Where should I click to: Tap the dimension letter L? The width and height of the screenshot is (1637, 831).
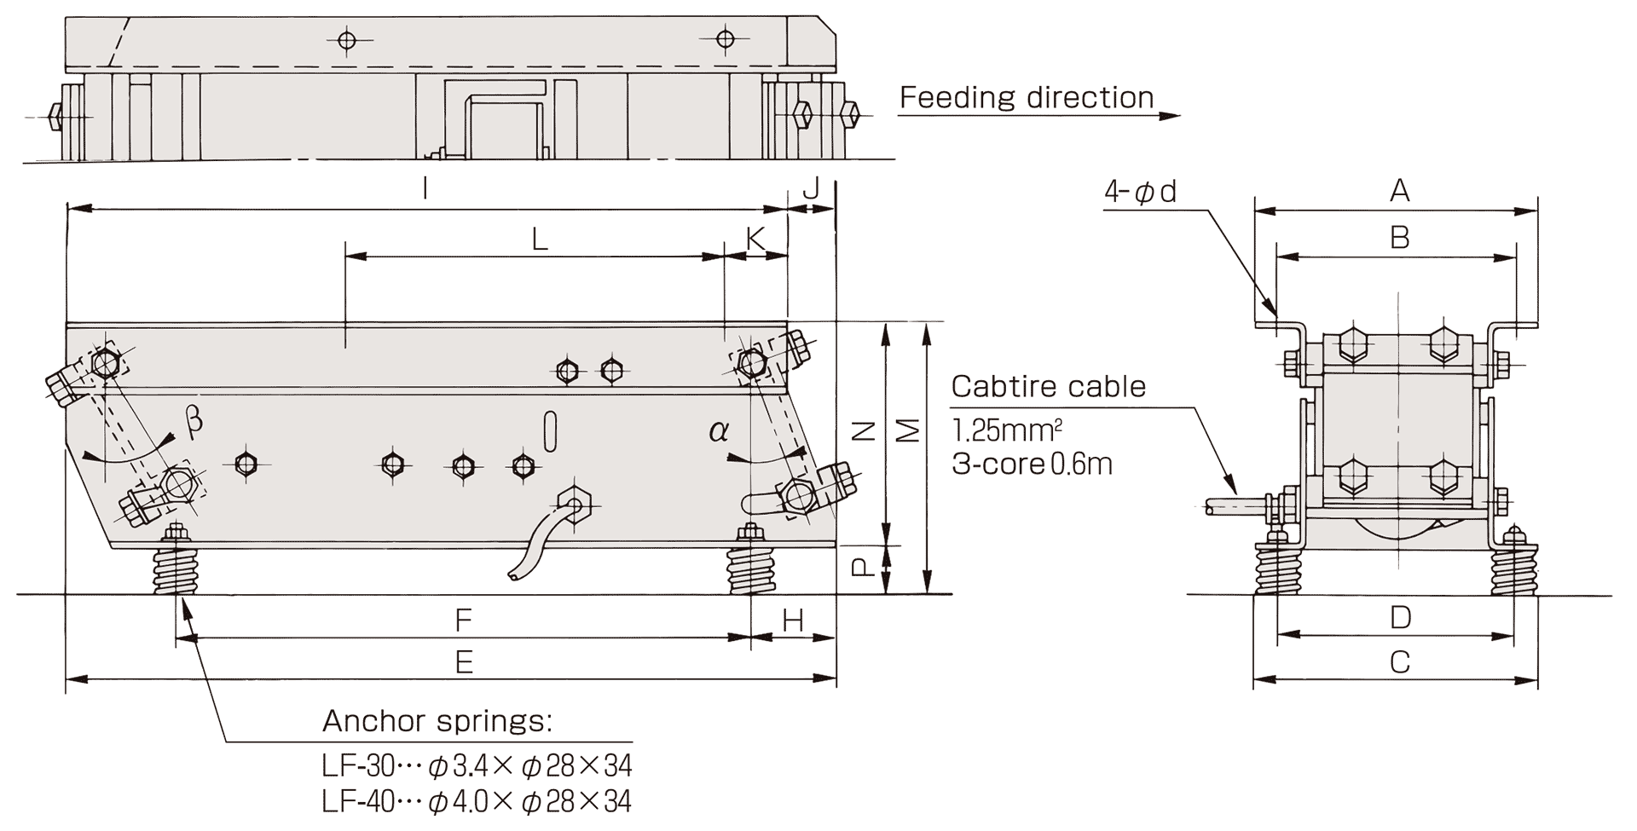[x=540, y=239]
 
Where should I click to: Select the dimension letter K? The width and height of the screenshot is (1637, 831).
[x=755, y=239]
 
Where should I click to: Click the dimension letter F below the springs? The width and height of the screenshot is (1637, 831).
[x=463, y=620]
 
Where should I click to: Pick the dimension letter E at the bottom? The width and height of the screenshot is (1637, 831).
[x=464, y=662]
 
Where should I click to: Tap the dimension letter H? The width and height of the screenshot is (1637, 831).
[x=793, y=621]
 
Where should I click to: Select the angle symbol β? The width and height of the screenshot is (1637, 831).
[x=194, y=421]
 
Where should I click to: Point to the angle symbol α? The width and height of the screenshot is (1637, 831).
[x=718, y=431]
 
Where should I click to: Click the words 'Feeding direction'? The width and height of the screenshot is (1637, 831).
[x=1027, y=98]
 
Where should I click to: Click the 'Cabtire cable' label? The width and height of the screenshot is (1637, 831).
[x=1048, y=387]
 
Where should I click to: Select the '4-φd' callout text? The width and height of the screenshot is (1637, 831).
[x=1140, y=192]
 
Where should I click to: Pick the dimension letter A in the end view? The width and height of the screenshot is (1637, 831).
[x=1399, y=192]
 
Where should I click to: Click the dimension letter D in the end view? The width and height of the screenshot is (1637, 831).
[x=1400, y=617]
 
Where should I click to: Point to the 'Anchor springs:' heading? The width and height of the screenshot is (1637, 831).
[x=437, y=722]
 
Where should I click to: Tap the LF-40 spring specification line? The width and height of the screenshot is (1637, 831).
[x=477, y=802]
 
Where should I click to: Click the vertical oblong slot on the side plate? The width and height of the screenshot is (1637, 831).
[x=551, y=431]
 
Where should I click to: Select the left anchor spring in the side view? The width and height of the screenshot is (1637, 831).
[x=177, y=568]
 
